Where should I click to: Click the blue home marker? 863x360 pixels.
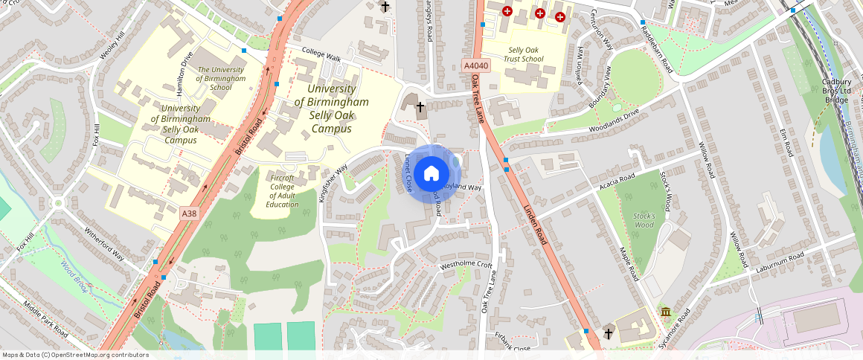431,174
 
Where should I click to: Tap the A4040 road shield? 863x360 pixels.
476,66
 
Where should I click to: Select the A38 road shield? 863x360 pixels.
190,213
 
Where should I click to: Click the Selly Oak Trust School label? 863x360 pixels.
521,54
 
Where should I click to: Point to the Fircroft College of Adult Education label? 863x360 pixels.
282,191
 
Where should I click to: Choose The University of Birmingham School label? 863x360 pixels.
221,78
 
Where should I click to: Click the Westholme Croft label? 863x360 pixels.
466,265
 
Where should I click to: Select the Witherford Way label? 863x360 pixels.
103,244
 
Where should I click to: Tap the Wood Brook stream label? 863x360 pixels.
74,275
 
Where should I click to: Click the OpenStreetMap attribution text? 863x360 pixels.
75,355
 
